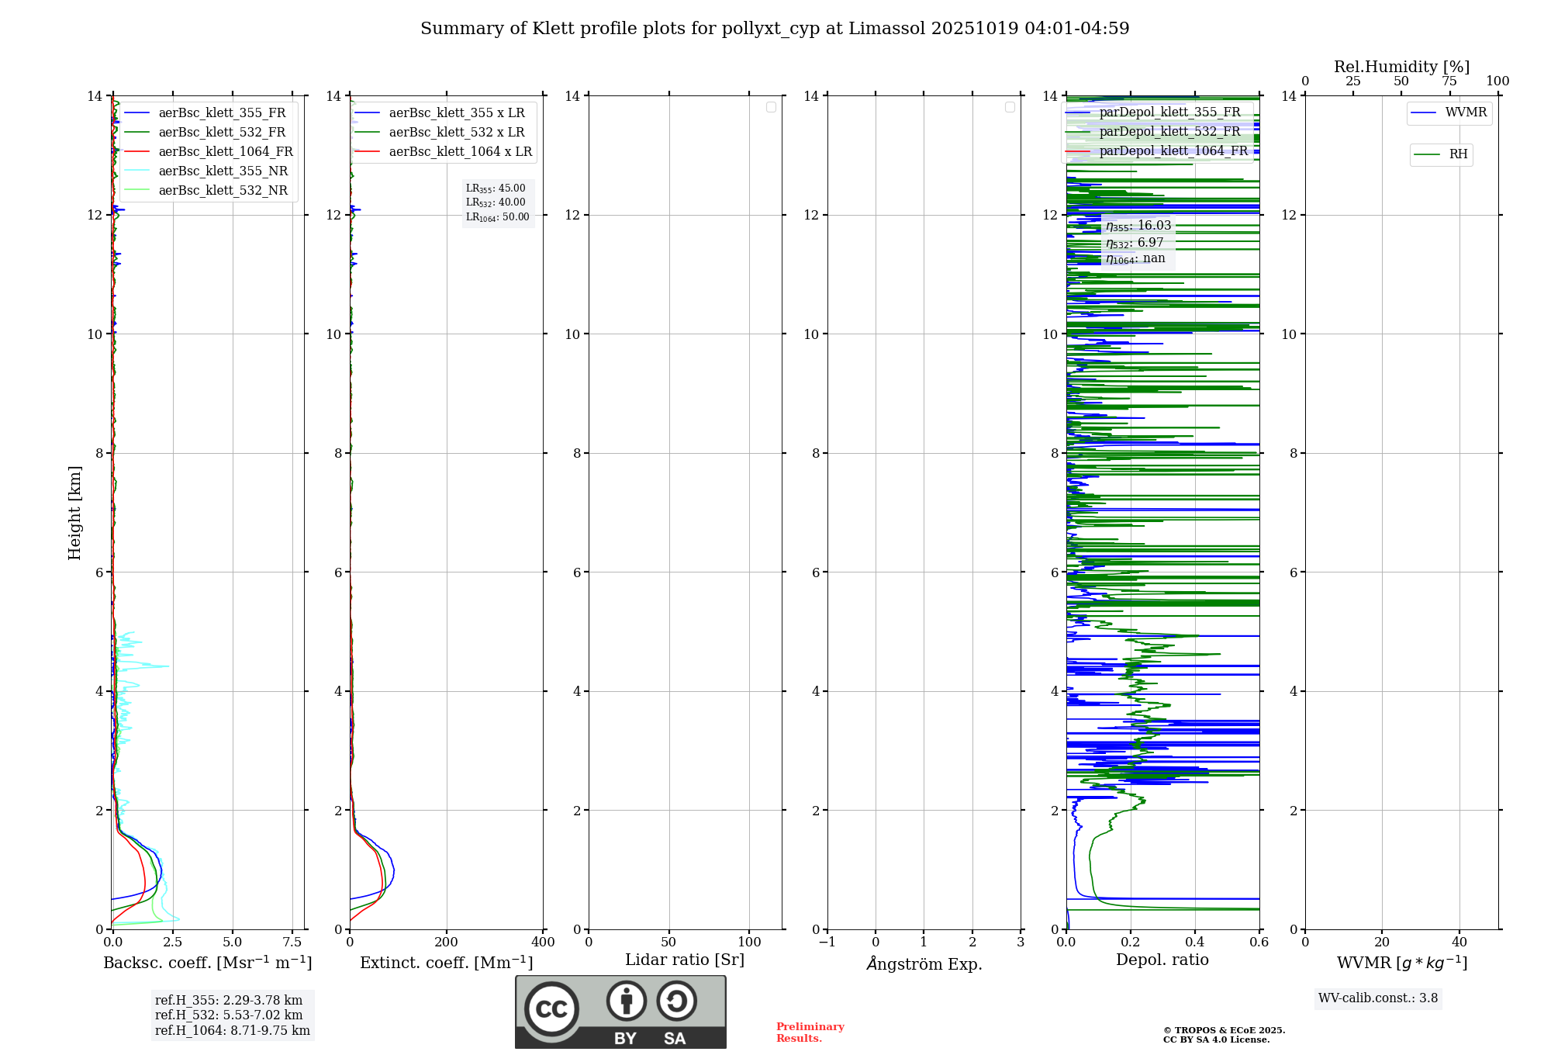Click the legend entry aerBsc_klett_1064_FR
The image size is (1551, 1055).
click(x=226, y=152)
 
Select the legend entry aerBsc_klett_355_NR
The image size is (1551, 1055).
click(x=223, y=171)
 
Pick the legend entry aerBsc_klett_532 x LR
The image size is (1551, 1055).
click(x=457, y=133)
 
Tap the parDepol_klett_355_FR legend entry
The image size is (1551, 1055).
click(x=1169, y=112)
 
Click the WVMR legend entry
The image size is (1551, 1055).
click(x=1466, y=112)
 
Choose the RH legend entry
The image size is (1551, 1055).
click(x=1458, y=154)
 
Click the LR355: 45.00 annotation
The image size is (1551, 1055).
click(x=496, y=189)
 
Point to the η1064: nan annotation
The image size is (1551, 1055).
click(x=1135, y=259)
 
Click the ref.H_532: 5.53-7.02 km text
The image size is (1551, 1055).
click(x=229, y=1015)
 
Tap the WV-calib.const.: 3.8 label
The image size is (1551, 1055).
click(x=1378, y=998)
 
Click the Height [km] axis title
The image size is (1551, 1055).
click(x=74, y=512)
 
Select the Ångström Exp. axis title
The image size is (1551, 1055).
click(x=924, y=963)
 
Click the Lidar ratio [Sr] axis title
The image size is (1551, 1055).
click(x=685, y=960)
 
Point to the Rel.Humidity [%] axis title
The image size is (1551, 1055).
click(x=1401, y=67)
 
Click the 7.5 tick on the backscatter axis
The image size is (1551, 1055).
click(x=292, y=943)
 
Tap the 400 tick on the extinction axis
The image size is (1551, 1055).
click(x=543, y=943)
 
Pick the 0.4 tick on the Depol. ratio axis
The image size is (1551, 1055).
click(x=1195, y=943)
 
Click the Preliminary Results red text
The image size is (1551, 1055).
click(x=810, y=1033)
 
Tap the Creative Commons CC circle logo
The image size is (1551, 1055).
click(x=551, y=1009)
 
